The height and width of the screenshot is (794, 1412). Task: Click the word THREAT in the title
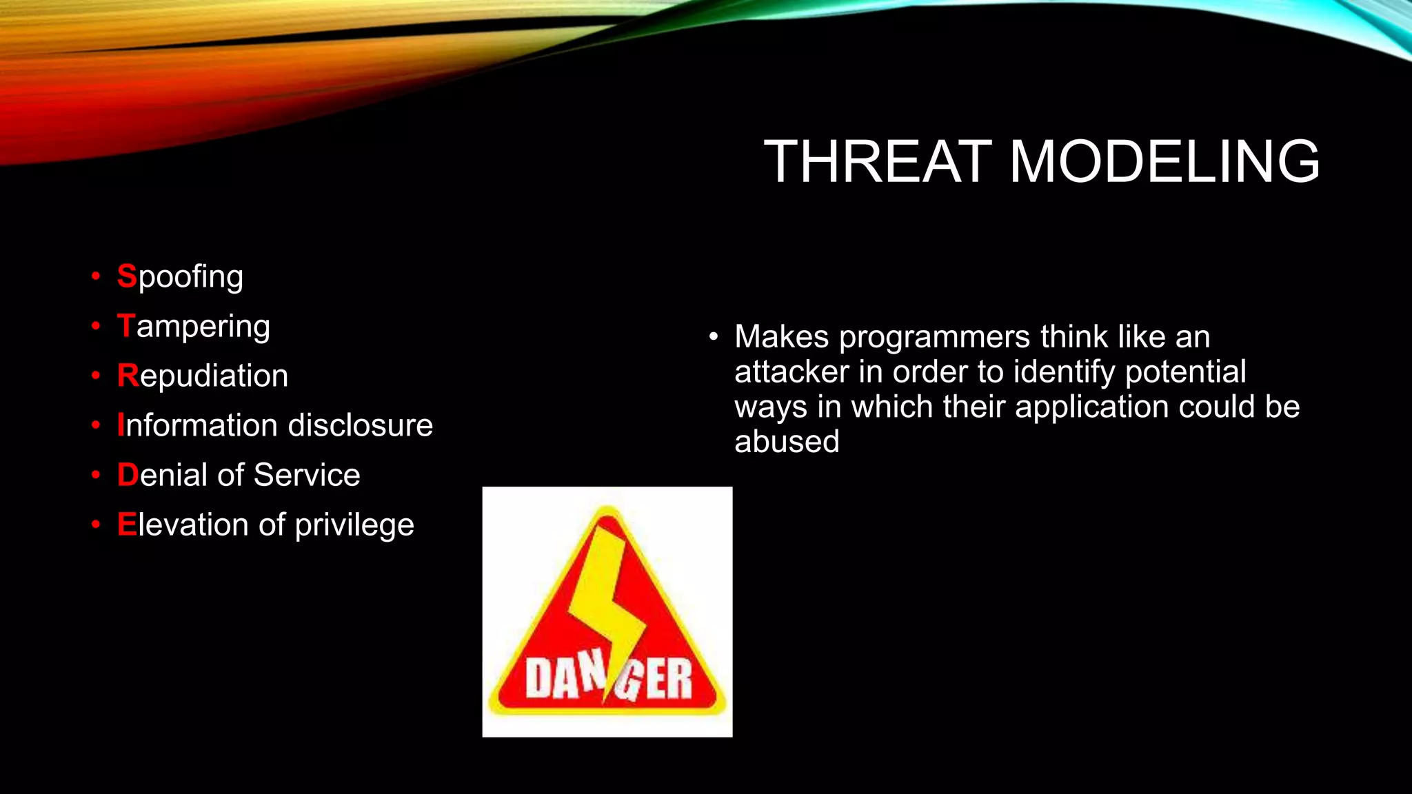coord(877,162)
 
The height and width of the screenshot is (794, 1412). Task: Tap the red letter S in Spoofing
coord(127,276)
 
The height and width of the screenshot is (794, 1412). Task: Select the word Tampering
coord(194,327)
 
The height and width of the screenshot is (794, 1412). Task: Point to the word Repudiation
coord(203,376)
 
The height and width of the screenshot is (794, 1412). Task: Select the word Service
coord(306,475)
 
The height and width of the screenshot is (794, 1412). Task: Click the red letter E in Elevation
coord(127,525)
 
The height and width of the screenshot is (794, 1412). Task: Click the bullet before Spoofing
coord(96,277)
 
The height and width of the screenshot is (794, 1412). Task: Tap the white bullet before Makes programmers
coord(714,337)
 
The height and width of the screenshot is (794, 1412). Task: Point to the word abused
coord(787,442)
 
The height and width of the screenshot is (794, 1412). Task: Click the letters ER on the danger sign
coord(669,679)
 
